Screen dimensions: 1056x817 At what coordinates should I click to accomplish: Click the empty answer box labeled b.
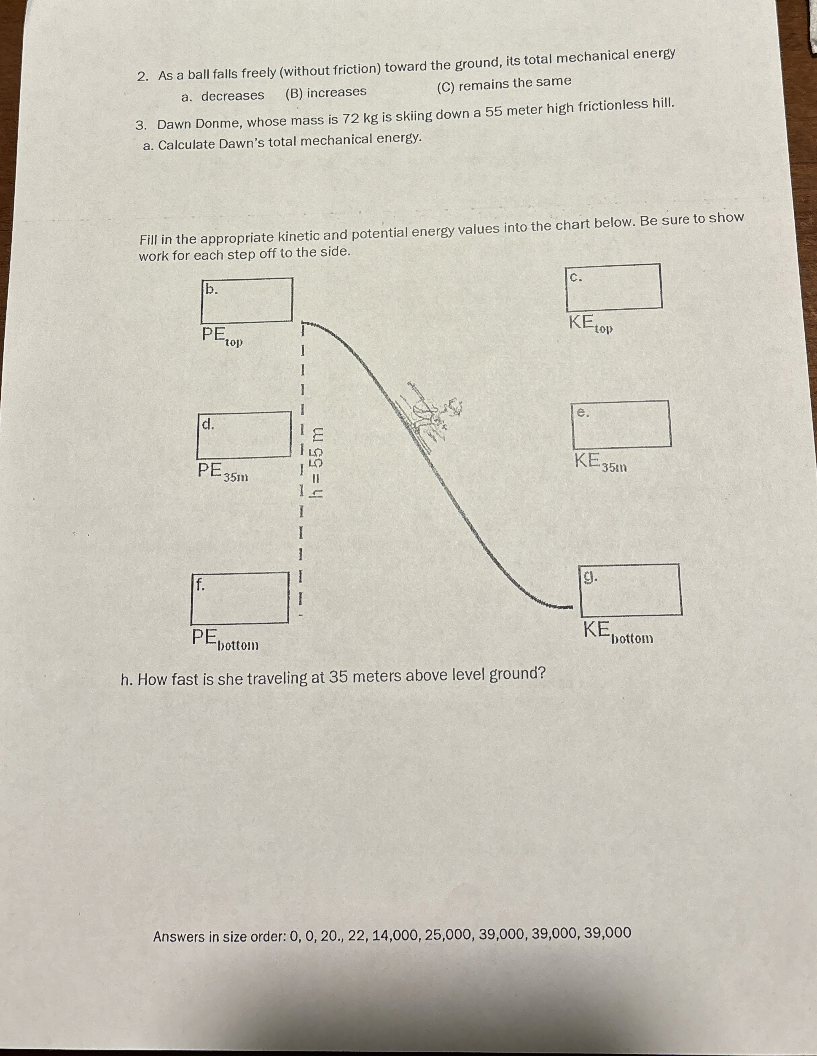(x=246, y=300)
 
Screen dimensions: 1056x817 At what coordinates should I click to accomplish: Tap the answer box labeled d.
(x=244, y=435)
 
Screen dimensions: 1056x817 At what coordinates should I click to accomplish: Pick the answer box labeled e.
(x=621, y=424)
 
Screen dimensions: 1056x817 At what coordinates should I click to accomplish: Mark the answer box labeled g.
(x=631, y=589)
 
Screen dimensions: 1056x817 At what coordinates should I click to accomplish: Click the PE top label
(x=222, y=337)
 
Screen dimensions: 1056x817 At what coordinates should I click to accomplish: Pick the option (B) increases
(x=326, y=92)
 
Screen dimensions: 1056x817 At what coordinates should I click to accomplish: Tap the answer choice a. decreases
(x=223, y=96)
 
